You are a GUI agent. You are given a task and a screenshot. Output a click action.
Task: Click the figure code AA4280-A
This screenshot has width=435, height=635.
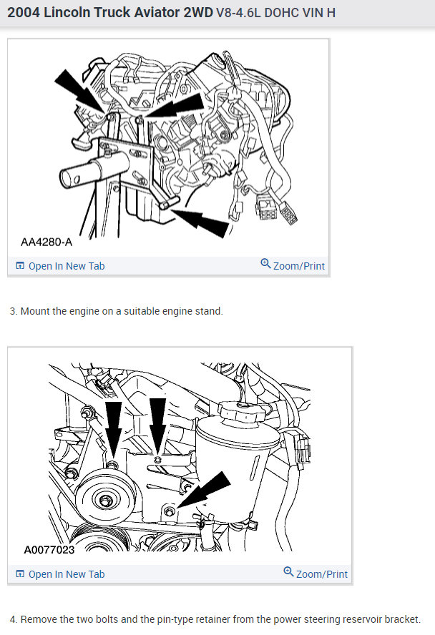tap(47, 242)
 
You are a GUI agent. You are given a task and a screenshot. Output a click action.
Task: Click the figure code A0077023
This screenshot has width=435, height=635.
tap(49, 550)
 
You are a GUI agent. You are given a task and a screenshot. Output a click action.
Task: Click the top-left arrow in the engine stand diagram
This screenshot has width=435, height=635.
tap(79, 89)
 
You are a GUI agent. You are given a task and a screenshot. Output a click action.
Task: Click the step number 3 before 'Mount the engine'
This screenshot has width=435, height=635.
tap(13, 311)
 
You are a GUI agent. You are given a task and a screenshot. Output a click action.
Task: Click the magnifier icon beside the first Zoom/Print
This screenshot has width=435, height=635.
tap(265, 265)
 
